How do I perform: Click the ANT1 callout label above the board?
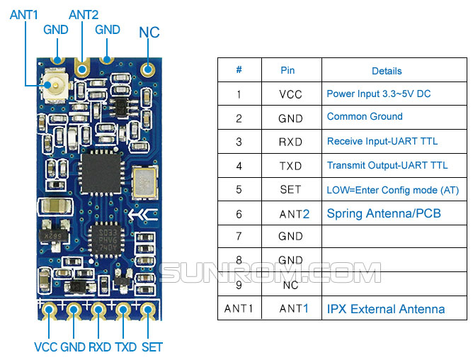tap(24, 15)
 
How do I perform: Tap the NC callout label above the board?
tap(149, 33)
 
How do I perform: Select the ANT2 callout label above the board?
tap(84, 15)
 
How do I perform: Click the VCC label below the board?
tap(46, 347)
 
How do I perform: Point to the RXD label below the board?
tap(100, 347)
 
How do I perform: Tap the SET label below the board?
tap(152, 347)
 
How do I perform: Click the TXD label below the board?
tap(126, 347)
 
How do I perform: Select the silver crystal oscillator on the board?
tap(144, 183)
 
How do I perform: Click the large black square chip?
tap(101, 173)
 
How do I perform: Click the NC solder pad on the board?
tap(147, 69)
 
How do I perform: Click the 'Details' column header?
tap(387, 71)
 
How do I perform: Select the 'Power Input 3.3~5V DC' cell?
tap(379, 94)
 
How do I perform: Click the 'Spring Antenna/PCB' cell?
tap(384, 213)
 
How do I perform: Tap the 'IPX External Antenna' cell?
tap(386, 309)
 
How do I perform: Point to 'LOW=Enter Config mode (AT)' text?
tap(393, 190)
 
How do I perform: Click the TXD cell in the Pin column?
tap(290, 166)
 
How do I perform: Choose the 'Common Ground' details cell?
tap(365, 116)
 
